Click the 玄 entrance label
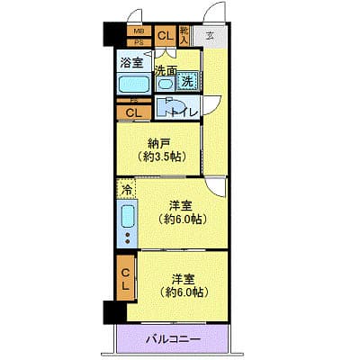coord(209,36)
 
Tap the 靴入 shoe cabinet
coord(184,36)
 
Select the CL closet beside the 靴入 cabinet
coord(166,36)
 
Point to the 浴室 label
coord(131,63)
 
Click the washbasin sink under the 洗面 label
coord(165,84)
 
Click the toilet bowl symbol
coord(167,109)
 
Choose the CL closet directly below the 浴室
coord(133,112)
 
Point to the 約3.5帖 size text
coord(157,157)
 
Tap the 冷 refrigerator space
coord(126,189)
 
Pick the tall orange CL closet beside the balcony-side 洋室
coord(126,279)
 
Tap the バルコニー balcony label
coord(172,339)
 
